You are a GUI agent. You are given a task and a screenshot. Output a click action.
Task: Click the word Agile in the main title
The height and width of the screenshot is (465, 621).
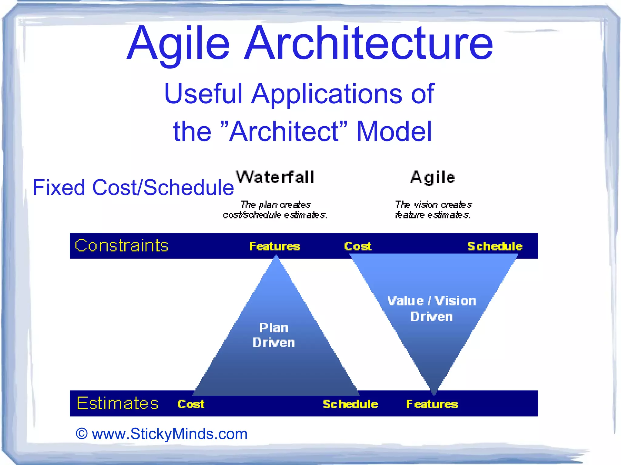178,44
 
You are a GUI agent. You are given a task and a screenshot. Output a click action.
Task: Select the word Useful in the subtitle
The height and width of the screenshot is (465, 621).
203,94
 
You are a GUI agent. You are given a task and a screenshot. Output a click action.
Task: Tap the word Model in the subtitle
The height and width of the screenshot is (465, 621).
394,131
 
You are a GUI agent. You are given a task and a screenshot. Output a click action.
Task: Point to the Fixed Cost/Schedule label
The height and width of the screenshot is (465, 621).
133,188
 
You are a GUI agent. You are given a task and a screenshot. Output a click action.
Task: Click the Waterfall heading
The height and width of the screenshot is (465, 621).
275,177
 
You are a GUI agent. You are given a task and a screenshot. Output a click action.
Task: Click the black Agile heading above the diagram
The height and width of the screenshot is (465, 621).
433,177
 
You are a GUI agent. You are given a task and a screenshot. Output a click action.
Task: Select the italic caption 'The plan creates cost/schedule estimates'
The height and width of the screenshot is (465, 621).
275,210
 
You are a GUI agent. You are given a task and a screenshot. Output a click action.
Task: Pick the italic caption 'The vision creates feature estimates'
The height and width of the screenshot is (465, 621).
433,210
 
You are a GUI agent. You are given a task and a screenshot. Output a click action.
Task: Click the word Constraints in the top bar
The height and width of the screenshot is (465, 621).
122,246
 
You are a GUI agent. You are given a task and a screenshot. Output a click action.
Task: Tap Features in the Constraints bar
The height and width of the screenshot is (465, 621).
275,246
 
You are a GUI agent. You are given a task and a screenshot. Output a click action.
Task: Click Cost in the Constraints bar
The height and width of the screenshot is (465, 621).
358,246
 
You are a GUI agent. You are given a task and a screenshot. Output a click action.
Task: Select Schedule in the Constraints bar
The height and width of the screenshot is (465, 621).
495,246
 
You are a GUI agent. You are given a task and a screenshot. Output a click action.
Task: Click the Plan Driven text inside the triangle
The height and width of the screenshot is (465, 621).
274,335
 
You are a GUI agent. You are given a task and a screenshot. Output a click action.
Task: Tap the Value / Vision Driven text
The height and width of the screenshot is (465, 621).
432,308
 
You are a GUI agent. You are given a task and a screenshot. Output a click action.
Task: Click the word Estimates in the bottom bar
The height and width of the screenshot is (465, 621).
118,404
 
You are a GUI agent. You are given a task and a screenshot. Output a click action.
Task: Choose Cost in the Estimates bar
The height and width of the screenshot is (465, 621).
191,404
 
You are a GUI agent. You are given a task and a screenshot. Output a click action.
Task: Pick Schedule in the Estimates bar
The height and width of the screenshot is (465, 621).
350,404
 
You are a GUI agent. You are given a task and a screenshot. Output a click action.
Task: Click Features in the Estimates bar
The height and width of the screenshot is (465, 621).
432,404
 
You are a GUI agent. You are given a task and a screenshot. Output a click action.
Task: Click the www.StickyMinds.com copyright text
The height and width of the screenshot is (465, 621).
162,434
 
